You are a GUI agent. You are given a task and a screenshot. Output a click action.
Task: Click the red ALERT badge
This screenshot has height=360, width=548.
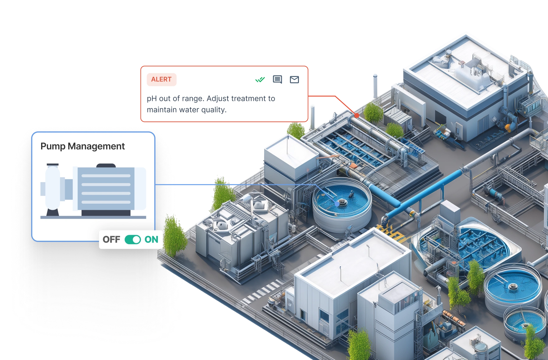pos(162,79)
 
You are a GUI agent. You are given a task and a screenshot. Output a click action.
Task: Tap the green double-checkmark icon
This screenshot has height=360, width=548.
pos(260,80)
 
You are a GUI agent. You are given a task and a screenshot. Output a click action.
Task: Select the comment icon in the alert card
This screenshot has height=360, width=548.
pos(277,80)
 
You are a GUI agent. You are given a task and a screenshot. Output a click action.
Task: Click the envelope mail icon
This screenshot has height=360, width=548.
pos(294,80)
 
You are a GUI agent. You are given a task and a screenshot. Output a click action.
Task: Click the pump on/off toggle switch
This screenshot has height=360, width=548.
pos(133,239)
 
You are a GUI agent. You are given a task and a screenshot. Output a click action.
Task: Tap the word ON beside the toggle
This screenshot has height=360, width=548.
pos(151,239)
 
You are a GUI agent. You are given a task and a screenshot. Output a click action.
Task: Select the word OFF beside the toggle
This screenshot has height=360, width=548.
pos(111,239)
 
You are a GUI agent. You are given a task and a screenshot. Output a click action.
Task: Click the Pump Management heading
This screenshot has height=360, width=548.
pos(83,146)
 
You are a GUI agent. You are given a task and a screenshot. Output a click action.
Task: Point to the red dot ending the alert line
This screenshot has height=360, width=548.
pos(357,115)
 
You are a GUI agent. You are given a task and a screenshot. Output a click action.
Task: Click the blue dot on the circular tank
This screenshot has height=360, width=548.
pos(337,204)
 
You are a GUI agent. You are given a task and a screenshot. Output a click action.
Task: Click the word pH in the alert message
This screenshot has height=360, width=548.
pos(152,99)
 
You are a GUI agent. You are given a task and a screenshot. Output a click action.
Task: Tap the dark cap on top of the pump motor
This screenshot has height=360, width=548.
pos(106,166)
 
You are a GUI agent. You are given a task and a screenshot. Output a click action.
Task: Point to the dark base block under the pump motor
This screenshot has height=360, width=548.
pos(106,213)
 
